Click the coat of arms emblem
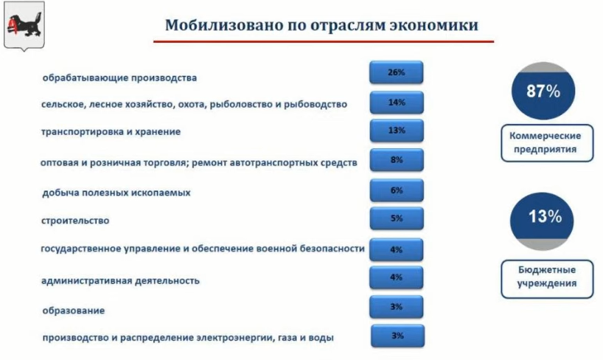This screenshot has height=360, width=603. [x=24, y=26]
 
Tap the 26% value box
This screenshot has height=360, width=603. [x=396, y=72]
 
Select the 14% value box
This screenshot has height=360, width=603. [x=397, y=103]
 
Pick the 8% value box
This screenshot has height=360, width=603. [x=397, y=160]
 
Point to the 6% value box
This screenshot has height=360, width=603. [x=397, y=190]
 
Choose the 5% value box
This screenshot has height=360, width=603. [x=397, y=218]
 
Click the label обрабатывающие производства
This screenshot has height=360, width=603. [x=119, y=78]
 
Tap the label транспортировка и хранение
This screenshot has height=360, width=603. [x=111, y=131]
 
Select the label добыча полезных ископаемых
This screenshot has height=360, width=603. [x=116, y=193]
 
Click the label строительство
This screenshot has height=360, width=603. [x=75, y=221]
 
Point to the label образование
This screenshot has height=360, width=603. [x=74, y=311]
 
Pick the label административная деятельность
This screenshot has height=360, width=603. [x=120, y=280]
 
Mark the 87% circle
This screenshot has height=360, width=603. [x=543, y=91]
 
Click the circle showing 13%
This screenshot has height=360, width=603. [x=542, y=221]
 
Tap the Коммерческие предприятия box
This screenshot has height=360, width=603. [x=547, y=143]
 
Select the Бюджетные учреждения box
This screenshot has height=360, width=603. [x=547, y=279]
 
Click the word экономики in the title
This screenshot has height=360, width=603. [x=433, y=25]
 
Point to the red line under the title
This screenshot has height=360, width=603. [x=324, y=41]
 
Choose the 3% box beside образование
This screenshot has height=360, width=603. [x=396, y=307]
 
